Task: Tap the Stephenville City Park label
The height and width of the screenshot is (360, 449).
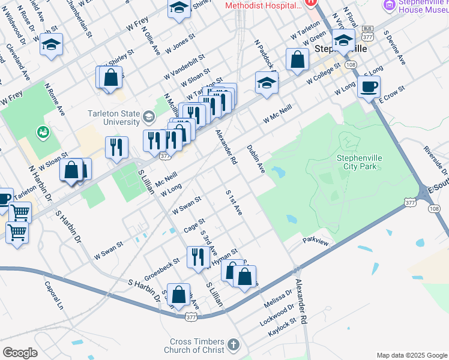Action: [360, 162]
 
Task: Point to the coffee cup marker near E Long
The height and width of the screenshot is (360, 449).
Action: [369, 86]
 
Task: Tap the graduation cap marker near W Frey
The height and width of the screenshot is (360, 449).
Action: [52, 45]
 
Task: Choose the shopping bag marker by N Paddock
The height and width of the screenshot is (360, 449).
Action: [297, 59]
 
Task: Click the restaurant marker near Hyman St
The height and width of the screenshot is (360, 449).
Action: [198, 257]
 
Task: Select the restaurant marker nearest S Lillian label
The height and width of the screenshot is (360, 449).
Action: [116, 147]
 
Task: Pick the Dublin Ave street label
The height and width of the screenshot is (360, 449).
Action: [256, 159]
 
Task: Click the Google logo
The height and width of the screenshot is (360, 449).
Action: [20, 352]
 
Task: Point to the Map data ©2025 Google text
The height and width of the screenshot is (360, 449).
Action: [411, 355]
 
